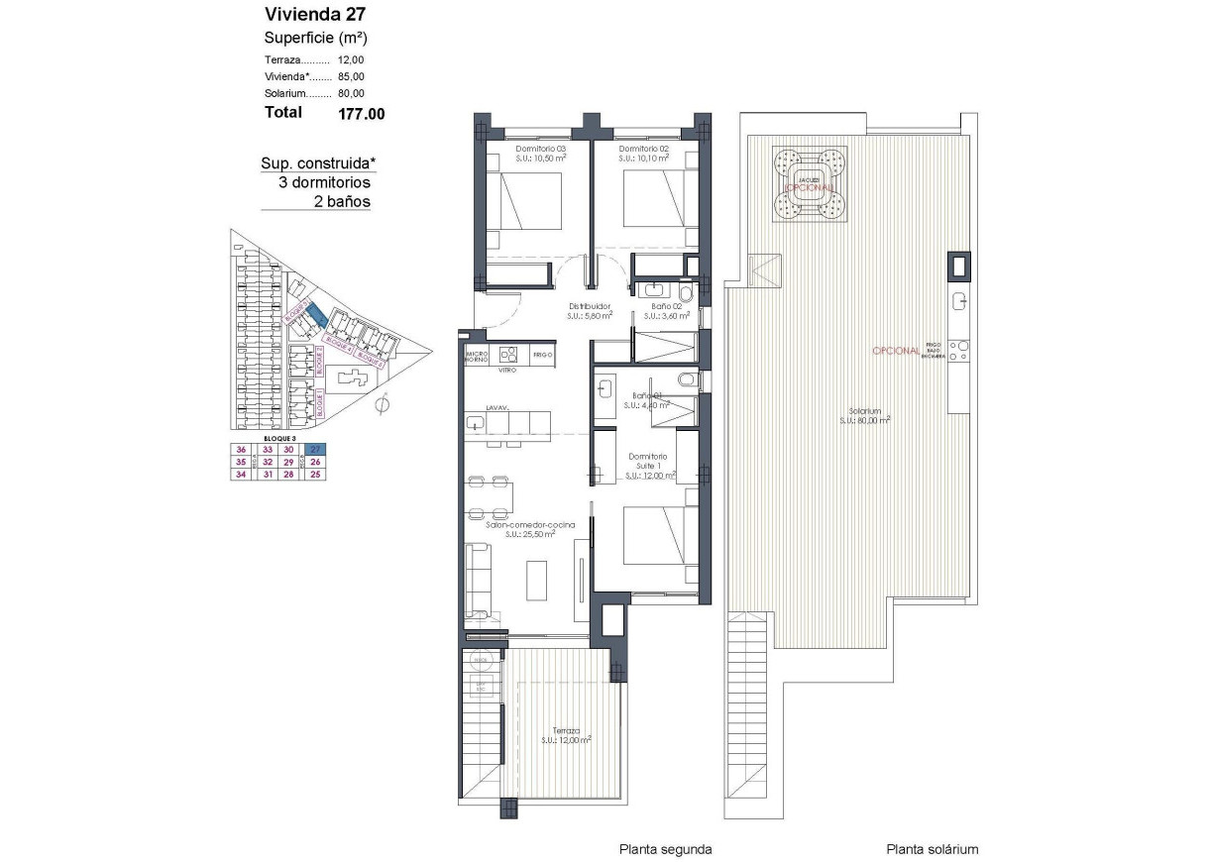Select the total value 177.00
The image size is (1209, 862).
[362, 114]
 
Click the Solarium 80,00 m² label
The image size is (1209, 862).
[863, 415]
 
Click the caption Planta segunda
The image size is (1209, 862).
[665, 849]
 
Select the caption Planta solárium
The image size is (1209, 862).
[933, 849]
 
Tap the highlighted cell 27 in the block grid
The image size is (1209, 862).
[315, 448]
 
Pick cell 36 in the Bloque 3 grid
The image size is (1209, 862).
[240, 448]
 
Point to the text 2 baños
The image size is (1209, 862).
[342, 201]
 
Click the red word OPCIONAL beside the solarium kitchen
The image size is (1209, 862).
[896, 351]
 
